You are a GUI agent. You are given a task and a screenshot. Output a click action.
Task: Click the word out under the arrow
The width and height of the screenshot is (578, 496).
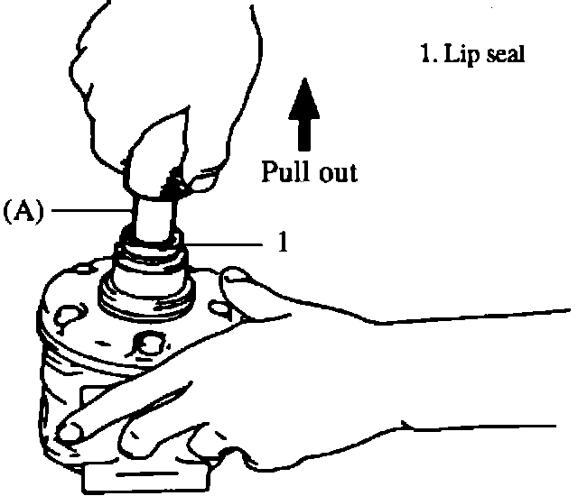[x=335, y=172]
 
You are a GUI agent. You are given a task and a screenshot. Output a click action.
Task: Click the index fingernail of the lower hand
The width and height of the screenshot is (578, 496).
[x=68, y=437]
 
